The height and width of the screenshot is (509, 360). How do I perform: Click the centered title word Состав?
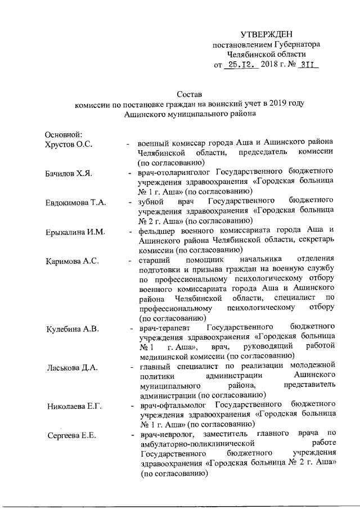(189, 94)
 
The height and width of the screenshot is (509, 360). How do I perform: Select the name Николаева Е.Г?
(73, 406)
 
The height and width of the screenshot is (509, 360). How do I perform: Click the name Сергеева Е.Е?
(70, 435)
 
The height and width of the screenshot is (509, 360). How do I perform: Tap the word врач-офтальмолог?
(174, 406)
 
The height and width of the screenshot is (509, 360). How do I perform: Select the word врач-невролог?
(167, 435)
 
